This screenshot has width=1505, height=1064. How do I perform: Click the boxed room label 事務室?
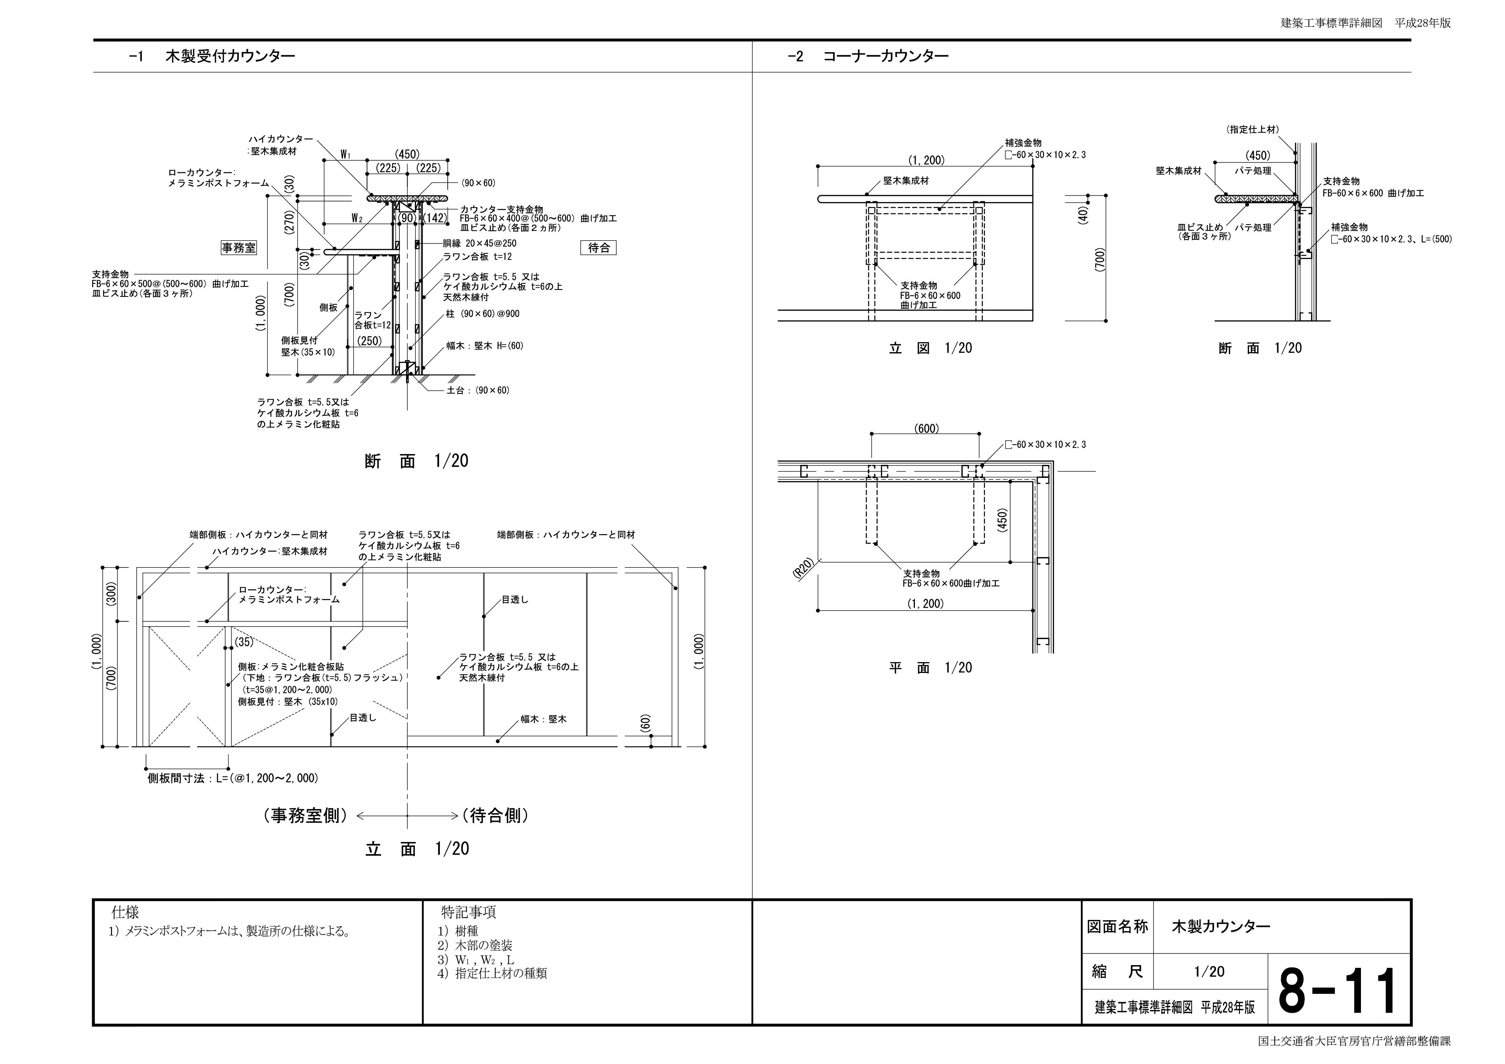[239, 248]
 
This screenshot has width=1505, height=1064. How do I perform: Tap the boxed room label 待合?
[599, 248]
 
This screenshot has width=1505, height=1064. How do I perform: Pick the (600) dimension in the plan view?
[926, 429]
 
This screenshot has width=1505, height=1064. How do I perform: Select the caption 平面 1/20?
[930, 668]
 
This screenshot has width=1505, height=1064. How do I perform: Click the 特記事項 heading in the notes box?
[469, 912]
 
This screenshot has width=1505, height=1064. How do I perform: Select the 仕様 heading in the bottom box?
[125, 912]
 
